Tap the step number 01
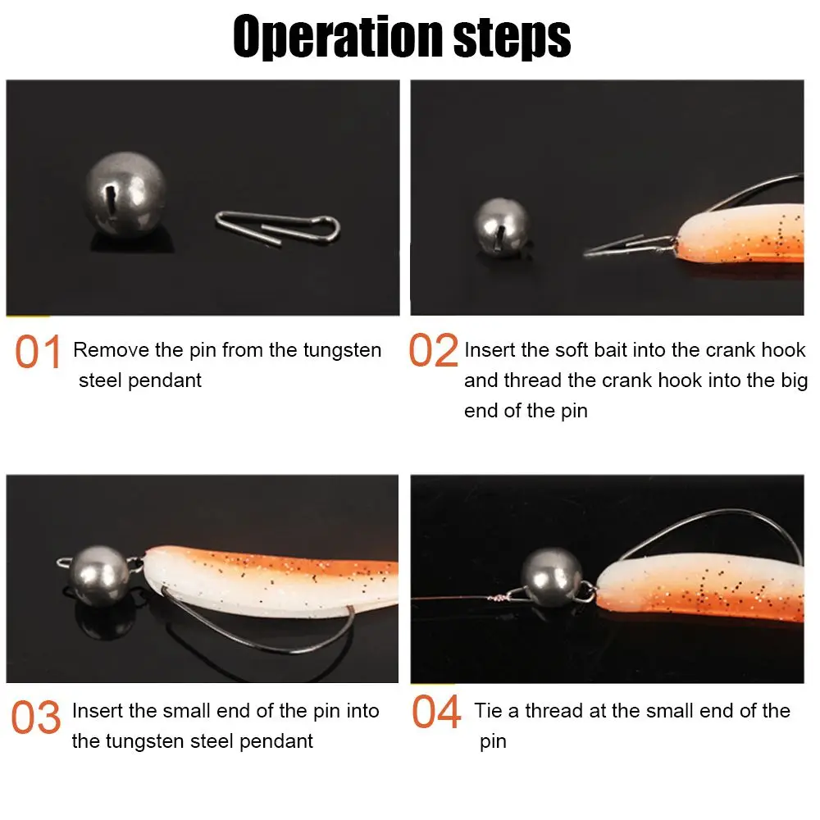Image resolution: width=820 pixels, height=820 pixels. (x=38, y=353)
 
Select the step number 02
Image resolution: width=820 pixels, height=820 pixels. (x=433, y=353)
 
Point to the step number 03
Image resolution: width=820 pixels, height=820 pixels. (x=36, y=717)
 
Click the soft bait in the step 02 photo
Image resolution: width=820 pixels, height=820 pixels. (x=738, y=238)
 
